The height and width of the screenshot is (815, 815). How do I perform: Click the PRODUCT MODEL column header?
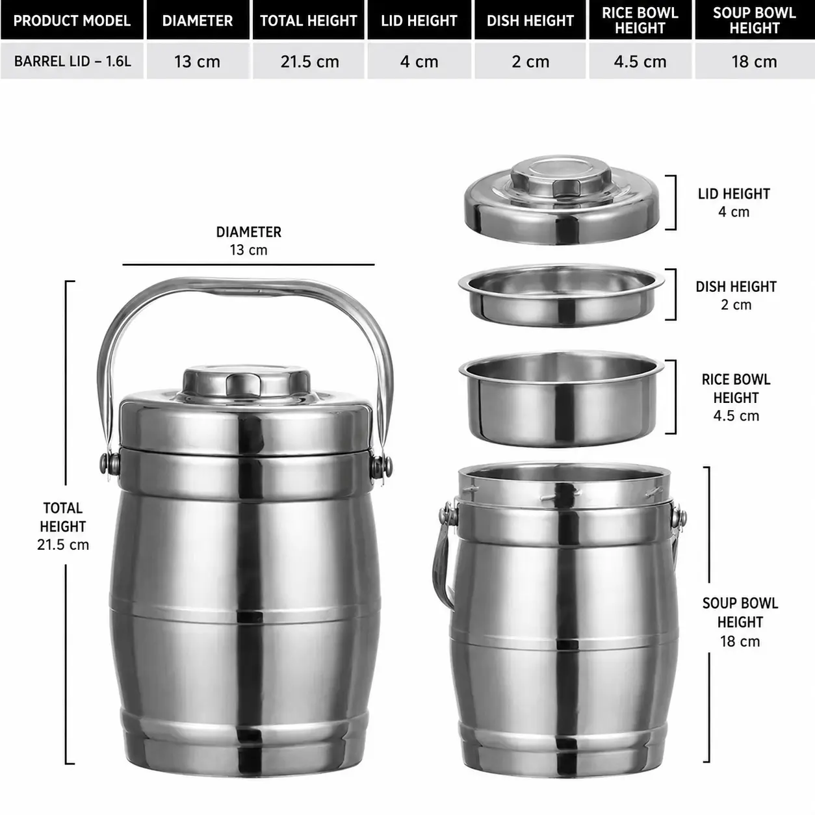pyautogui.click(x=72, y=20)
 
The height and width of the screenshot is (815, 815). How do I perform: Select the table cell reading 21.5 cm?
pyautogui.click(x=309, y=61)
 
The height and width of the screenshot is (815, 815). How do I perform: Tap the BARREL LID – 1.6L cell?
pyautogui.click(x=72, y=61)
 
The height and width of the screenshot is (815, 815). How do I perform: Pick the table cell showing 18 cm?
pyautogui.click(x=755, y=61)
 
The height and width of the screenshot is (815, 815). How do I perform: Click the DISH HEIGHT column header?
pyautogui.click(x=530, y=20)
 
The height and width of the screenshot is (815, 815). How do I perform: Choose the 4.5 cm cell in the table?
pyautogui.click(x=640, y=61)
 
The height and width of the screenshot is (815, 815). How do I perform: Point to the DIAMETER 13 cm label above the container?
pyautogui.click(x=249, y=240)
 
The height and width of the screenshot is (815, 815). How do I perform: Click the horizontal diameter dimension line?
pyautogui.click(x=249, y=265)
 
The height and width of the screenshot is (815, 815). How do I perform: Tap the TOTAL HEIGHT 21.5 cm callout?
pyautogui.click(x=63, y=526)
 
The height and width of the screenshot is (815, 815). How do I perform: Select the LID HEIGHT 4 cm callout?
pyautogui.click(x=734, y=203)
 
